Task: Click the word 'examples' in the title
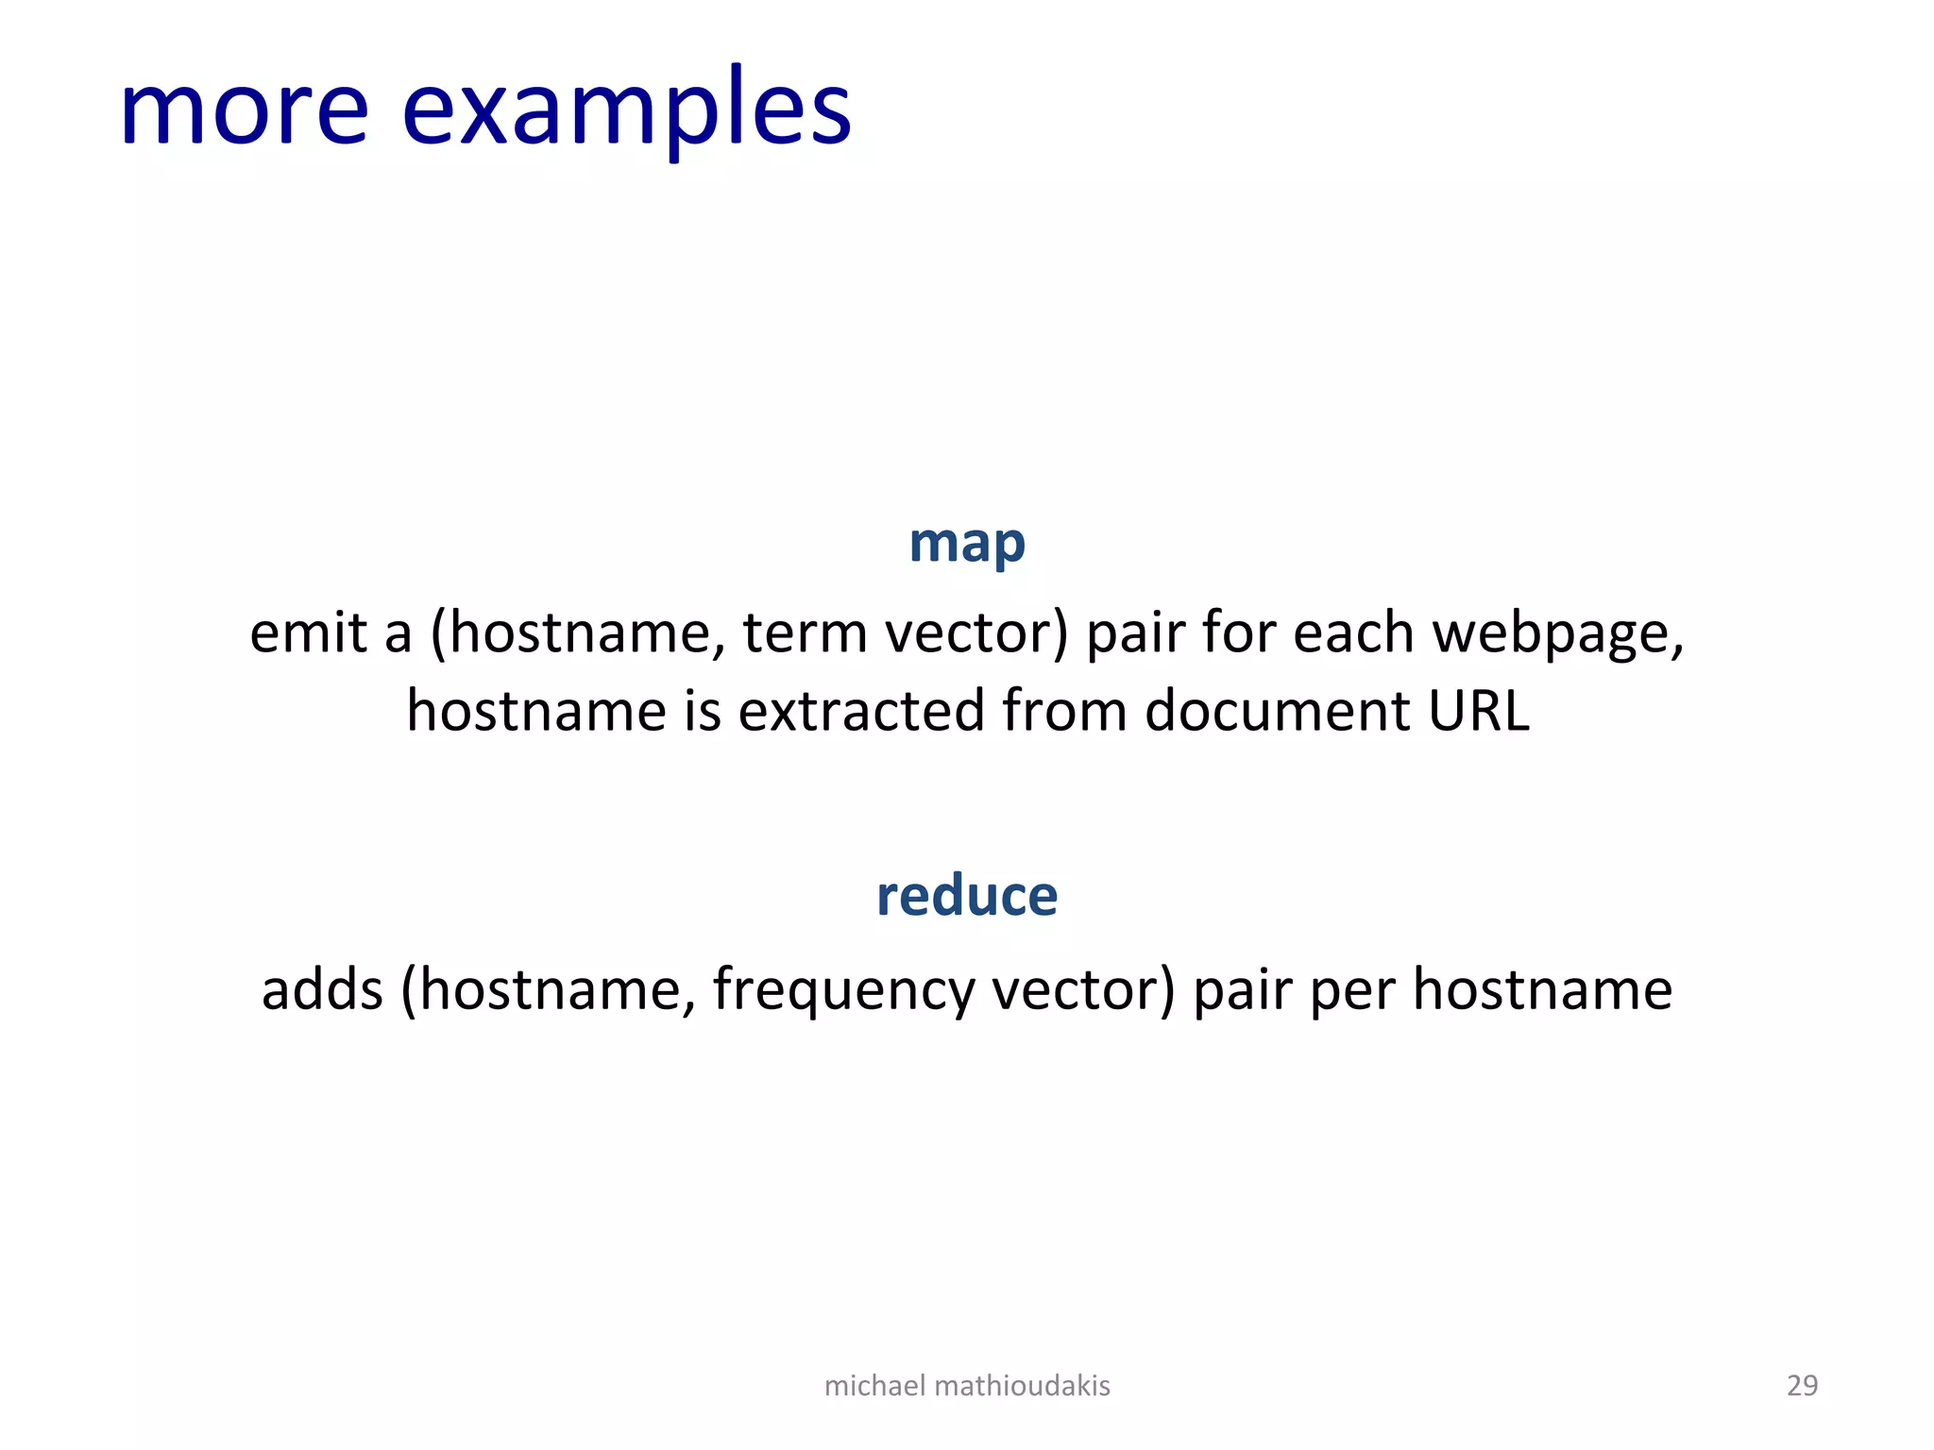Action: click(626, 113)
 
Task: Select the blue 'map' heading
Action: click(966, 545)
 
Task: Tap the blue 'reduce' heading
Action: click(966, 896)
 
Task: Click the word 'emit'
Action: click(308, 632)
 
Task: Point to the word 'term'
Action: click(805, 632)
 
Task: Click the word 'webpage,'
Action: click(1557, 634)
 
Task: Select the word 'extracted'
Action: click(861, 710)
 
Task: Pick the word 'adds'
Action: click(322, 990)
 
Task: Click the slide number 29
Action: click(1802, 1385)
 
